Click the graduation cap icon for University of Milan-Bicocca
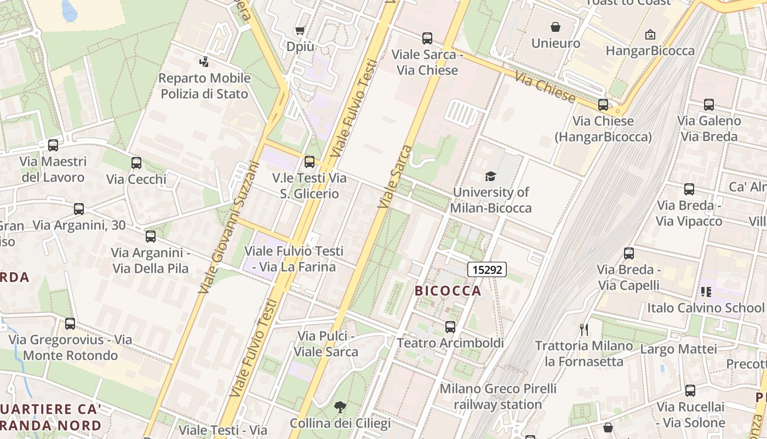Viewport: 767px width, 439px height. point(490,176)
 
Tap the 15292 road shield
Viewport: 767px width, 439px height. point(486,269)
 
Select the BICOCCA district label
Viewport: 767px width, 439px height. point(448,291)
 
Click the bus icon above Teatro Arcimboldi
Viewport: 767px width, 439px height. point(450,327)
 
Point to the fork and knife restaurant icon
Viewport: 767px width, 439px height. point(584,330)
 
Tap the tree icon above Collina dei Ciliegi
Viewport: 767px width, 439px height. point(340,407)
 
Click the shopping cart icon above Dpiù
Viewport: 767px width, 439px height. point(300,30)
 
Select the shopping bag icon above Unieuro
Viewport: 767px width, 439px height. point(556,27)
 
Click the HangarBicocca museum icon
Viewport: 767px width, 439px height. point(650,35)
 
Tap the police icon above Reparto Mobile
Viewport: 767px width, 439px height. point(204,62)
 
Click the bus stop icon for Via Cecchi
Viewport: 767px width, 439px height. point(136,163)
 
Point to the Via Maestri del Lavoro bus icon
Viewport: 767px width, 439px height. point(53,145)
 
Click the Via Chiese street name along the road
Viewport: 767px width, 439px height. point(545,87)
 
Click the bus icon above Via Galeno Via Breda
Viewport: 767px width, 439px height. point(709,105)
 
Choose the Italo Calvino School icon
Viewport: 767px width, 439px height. point(706,291)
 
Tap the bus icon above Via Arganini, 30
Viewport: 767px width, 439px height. point(79,209)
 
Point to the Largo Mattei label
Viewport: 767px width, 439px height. point(678,349)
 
